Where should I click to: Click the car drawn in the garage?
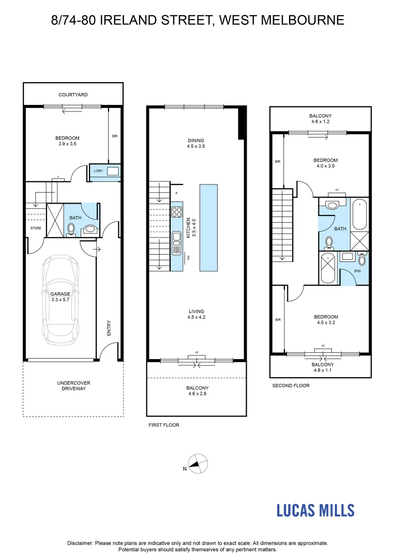coord(60,300)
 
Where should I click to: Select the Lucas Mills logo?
coord(315,510)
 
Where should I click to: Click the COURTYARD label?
coord(73,95)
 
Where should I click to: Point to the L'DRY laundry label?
coord(98,171)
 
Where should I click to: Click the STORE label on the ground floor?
coord(36,228)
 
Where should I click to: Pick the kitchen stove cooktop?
coord(177,212)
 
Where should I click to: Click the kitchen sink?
coord(177,243)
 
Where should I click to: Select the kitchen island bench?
coord(208,227)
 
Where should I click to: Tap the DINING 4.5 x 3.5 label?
coord(196,143)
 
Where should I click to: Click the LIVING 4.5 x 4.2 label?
coord(196,314)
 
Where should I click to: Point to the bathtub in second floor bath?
coord(360,214)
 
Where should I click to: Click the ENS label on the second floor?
coord(358,271)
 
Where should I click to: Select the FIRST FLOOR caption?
coord(164,425)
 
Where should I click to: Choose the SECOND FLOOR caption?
coord(291,385)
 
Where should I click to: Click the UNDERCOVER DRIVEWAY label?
coord(74,386)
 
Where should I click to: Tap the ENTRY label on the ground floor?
coord(109,328)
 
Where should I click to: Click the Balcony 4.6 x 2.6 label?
coord(197,391)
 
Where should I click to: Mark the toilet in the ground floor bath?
coord(70,230)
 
